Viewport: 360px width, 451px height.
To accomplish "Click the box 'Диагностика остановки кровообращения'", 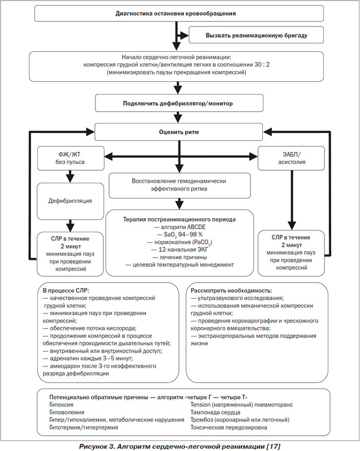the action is pos(179,14).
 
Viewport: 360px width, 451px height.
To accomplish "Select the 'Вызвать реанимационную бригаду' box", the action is pos(256,35).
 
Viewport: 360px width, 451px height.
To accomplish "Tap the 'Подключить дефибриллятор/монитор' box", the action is pos(179,103).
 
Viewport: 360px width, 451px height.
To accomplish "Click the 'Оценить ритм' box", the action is pos(179,132).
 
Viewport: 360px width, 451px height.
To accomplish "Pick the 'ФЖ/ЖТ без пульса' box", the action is pos(71,158).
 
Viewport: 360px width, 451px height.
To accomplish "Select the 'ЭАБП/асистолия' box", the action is pos(291,158).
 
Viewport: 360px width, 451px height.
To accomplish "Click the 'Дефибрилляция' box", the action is pos(71,201).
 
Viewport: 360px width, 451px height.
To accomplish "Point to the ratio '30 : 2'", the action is pos(262,65).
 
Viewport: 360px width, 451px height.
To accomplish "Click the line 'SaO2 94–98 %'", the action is pos(179,235).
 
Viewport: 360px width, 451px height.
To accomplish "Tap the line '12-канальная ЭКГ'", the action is pos(179,250).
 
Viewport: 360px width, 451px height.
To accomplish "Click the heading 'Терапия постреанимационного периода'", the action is pos(179,219).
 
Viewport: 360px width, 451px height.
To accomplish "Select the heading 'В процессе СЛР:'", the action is pos(66,290).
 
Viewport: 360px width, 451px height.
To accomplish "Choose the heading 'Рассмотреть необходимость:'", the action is pos(231,290).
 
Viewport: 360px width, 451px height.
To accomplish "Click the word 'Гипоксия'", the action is pos(62,405).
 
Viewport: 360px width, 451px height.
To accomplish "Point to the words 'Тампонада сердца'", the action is pos(216,412).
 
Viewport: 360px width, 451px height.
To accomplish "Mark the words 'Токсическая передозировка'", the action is pos(229,427).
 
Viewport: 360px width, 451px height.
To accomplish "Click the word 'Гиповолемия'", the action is pos(67,412).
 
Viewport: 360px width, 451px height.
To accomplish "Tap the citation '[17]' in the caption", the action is pos(273,446).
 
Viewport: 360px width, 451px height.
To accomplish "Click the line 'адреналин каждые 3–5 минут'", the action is pos(88,359).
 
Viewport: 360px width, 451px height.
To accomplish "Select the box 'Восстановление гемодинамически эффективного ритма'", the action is pos(179,185).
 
